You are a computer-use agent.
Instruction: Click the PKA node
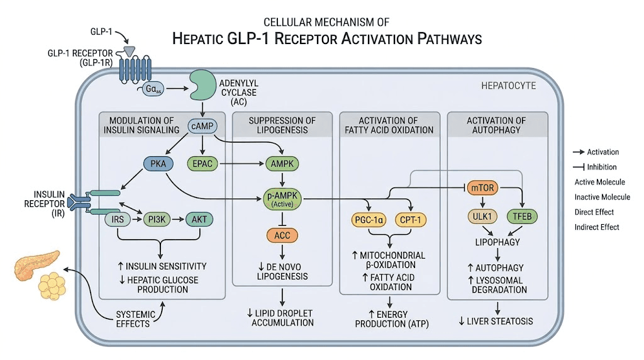click(x=154, y=164)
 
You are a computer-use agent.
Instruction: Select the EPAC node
click(x=202, y=164)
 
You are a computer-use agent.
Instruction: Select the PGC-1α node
click(x=367, y=220)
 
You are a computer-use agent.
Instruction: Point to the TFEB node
click(x=522, y=217)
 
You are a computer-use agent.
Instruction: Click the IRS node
click(x=118, y=220)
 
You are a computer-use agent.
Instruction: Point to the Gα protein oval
click(x=152, y=90)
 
